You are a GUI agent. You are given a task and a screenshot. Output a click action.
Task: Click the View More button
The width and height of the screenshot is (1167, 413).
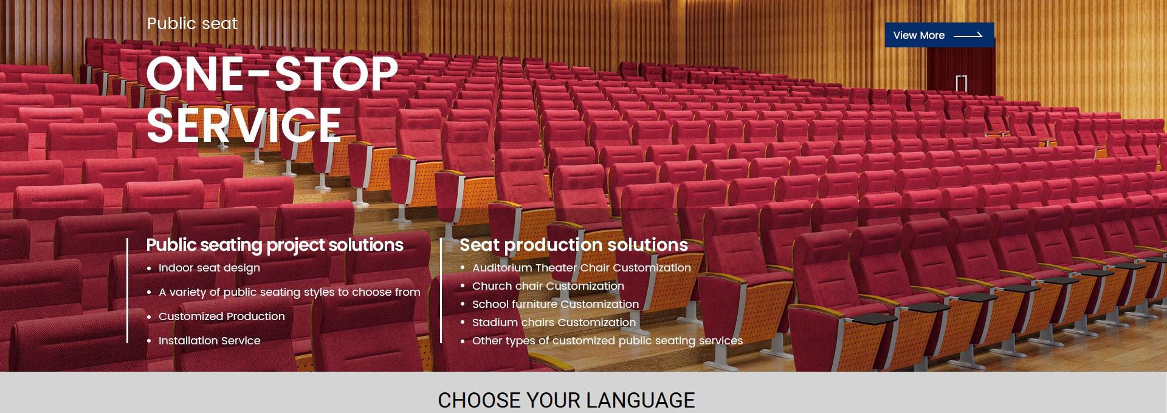click(939, 35)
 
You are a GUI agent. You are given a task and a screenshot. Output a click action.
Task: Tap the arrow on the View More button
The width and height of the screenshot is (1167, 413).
click(968, 35)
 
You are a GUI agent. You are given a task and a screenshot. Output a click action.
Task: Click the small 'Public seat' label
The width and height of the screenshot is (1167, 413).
click(192, 24)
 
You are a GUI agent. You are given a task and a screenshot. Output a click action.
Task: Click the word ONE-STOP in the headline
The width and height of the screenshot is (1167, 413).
click(272, 74)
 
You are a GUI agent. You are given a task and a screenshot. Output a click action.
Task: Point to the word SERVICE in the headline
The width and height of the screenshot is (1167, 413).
click(244, 125)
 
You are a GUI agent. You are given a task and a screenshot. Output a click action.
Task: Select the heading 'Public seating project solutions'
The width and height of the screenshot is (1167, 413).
click(275, 245)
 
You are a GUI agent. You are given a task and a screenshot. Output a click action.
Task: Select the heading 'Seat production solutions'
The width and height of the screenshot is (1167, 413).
click(574, 245)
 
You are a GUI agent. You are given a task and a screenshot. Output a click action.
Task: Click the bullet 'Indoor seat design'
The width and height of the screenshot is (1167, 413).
click(209, 268)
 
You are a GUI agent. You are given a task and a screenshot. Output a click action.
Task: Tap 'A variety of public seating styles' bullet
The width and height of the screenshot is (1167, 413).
click(289, 292)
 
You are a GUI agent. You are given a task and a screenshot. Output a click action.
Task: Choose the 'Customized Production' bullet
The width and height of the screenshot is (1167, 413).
click(221, 316)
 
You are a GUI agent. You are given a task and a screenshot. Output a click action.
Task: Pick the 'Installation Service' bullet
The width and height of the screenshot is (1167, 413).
click(209, 341)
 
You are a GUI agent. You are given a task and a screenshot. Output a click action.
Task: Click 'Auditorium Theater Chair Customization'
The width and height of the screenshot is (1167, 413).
click(582, 268)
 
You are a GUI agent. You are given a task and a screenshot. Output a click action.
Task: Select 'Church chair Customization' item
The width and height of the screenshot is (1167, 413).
click(548, 286)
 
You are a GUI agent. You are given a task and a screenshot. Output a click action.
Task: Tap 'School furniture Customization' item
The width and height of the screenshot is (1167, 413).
click(556, 304)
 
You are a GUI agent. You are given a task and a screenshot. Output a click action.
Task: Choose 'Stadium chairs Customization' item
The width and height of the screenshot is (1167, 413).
click(554, 323)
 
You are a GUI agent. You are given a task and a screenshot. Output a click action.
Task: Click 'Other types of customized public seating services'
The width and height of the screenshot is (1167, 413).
click(607, 341)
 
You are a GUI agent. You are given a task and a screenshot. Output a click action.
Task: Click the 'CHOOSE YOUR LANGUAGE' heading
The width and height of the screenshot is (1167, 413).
click(566, 400)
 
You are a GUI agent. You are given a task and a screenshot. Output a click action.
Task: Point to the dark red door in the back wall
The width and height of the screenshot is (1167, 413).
click(961, 70)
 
